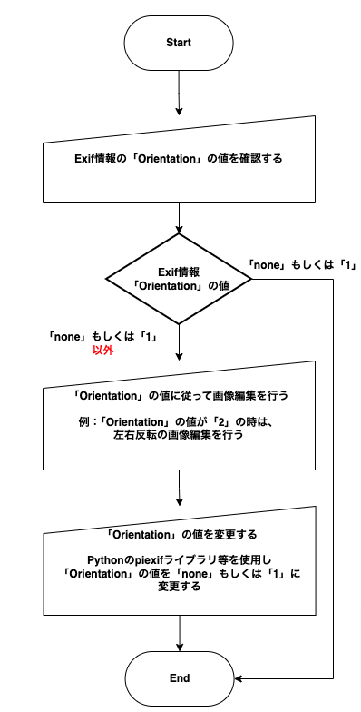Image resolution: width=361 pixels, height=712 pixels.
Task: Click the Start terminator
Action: (180, 44)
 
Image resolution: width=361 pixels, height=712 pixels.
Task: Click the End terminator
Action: (180, 678)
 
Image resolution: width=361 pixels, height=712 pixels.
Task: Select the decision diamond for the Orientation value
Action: (180, 279)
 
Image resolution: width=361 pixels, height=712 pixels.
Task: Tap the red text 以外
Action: (102, 351)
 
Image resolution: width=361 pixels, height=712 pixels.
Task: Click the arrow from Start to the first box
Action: (180, 93)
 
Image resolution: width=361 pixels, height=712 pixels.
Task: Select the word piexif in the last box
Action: (145, 558)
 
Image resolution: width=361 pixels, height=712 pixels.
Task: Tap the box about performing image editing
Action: (180, 415)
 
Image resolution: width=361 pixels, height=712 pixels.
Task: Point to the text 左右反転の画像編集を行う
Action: (179, 434)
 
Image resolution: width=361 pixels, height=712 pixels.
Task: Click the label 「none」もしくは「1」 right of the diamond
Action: (301, 265)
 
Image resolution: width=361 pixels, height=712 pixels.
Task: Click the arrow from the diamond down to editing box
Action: (180, 342)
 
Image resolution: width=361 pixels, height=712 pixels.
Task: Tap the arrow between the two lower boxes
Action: (180, 488)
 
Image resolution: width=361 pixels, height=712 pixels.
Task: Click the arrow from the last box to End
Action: (180, 633)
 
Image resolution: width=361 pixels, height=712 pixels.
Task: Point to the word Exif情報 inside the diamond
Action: (179, 272)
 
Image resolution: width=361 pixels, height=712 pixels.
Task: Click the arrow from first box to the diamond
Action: (180, 218)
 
